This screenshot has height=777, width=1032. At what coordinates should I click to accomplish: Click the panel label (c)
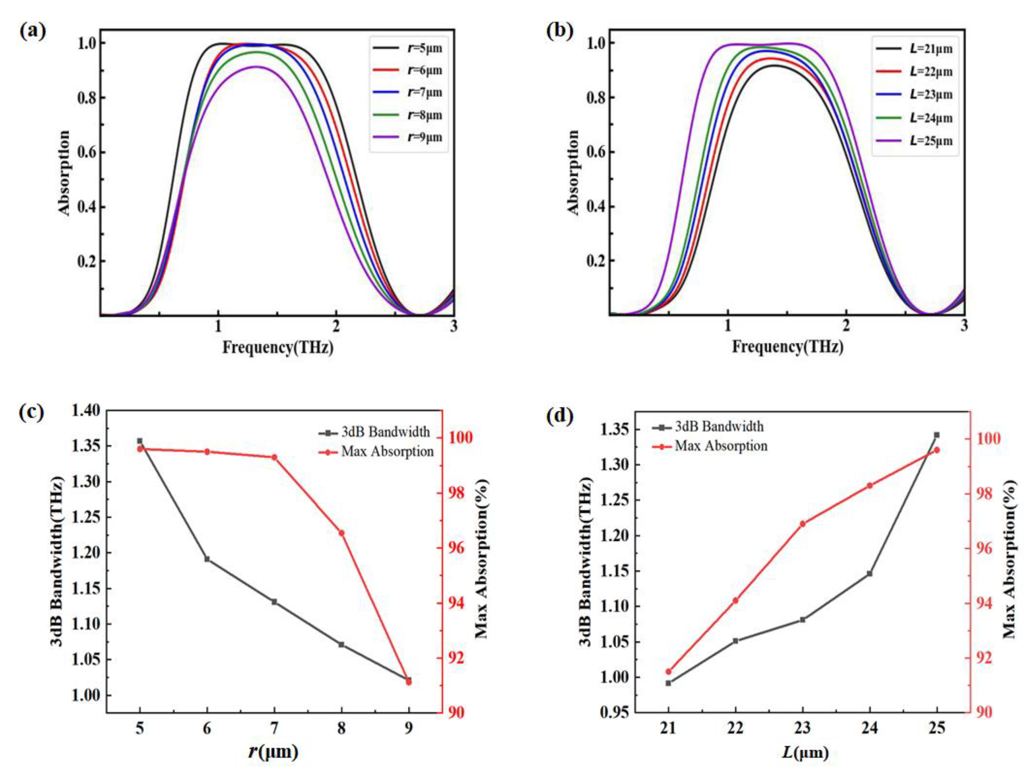click(x=32, y=413)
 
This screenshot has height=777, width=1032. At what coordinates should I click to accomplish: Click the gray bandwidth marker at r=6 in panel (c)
click(x=207, y=559)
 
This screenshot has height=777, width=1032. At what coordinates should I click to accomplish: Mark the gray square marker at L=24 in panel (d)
click(x=870, y=573)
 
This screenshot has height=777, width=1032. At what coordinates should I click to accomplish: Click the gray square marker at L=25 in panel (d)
click(x=936, y=435)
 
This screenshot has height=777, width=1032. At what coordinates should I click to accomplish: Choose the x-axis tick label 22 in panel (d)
click(x=735, y=728)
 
